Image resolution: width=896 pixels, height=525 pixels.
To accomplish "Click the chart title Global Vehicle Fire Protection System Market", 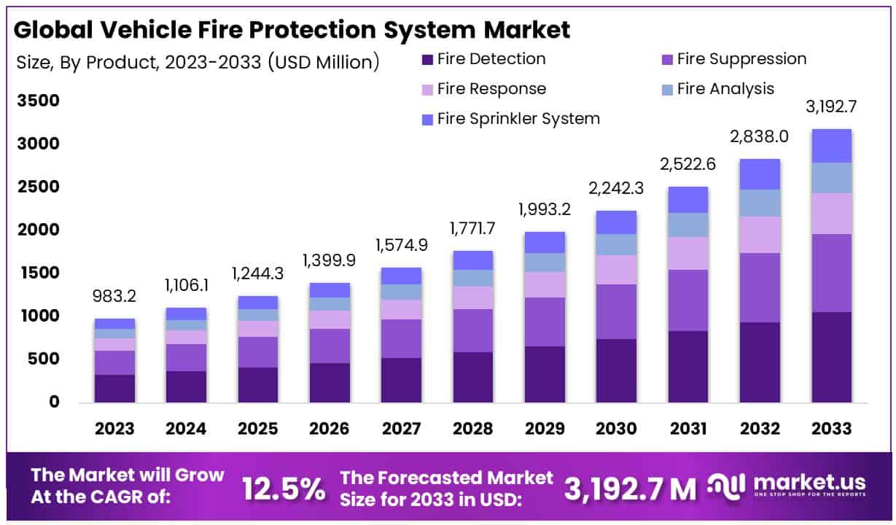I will click(292, 29).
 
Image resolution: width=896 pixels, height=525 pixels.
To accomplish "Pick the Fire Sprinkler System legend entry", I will click(510, 119).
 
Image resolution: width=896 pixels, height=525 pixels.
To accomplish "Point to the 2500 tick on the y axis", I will click(38, 187).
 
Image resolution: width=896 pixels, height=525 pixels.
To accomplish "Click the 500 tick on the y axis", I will click(43, 359).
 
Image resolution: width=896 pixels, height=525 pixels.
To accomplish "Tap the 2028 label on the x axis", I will click(473, 429).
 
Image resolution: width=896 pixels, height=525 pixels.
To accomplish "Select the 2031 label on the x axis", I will click(688, 429).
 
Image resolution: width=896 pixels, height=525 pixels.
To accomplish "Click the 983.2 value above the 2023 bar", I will click(115, 297).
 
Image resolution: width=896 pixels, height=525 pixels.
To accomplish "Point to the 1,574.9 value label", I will click(402, 246).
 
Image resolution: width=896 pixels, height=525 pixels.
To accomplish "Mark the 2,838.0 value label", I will click(760, 138).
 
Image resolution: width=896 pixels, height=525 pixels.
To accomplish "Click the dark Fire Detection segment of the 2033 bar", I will click(832, 357).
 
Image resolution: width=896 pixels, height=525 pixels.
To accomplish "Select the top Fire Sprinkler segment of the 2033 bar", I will click(832, 146).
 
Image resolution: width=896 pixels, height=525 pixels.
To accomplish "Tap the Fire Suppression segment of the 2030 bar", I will click(617, 311).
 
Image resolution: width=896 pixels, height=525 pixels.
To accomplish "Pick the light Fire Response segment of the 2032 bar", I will click(760, 234).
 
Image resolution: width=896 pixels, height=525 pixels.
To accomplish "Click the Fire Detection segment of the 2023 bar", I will click(115, 388).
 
